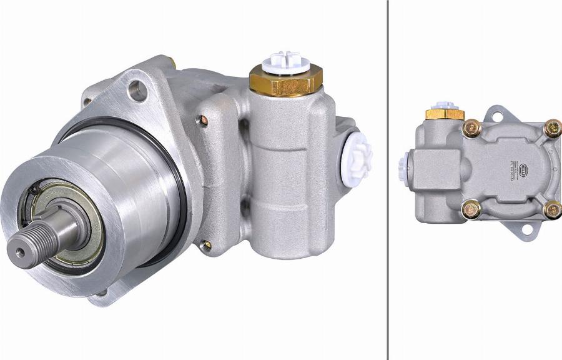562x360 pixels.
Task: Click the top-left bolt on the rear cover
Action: [471, 128]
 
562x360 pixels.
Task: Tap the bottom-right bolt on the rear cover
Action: [552, 209]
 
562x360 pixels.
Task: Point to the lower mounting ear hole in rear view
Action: [526, 230]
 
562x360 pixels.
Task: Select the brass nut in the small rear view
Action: [445, 114]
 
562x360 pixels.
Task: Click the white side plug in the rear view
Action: [403, 164]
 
